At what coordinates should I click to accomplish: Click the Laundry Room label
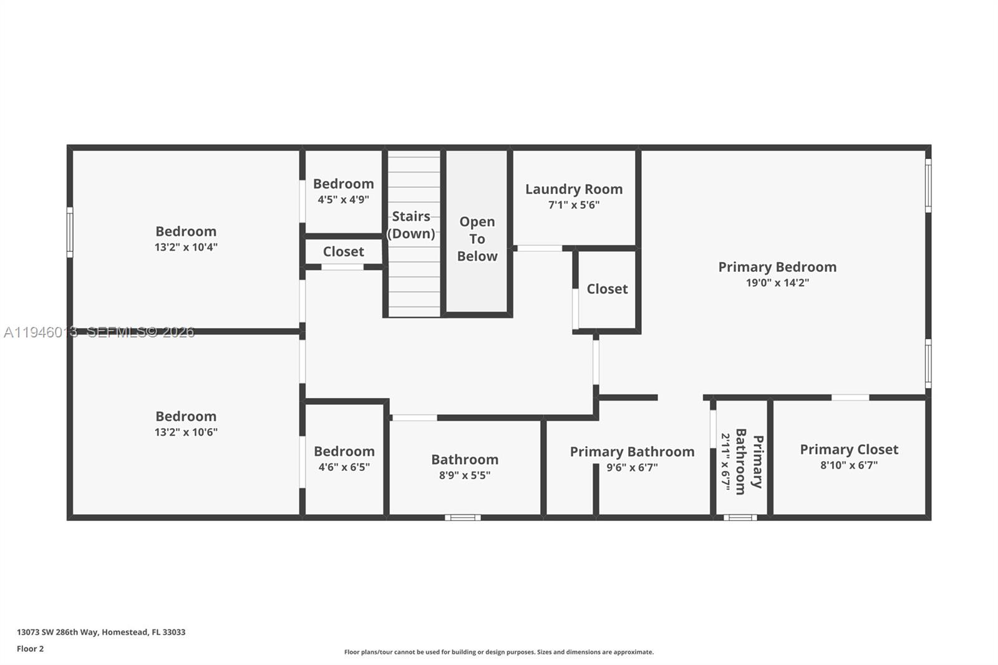click(573, 189)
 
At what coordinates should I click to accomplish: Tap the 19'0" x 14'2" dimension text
click(777, 283)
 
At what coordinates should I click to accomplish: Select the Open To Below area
click(477, 239)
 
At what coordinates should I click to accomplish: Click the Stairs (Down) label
click(411, 225)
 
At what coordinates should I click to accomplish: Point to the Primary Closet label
click(849, 449)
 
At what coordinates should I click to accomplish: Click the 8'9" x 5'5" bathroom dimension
click(465, 475)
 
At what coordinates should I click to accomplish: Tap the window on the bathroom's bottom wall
click(463, 517)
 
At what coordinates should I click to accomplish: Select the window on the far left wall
click(70, 232)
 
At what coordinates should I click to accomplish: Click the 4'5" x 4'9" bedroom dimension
click(343, 200)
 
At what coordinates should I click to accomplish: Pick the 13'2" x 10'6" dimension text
click(186, 432)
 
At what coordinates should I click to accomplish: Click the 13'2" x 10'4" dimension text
click(186, 247)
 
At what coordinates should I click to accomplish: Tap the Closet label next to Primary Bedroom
click(607, 289)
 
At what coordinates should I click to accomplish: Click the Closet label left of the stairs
click(343, 251)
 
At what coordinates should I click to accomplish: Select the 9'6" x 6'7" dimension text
click(632, 467)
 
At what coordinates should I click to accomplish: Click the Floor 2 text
click(30, 649)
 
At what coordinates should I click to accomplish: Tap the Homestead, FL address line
click(101, 632)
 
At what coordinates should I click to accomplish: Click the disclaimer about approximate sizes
click(499, 652)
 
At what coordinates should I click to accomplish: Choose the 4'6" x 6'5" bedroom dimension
click(344, 467)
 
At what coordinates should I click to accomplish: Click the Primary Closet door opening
click(850, 397)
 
